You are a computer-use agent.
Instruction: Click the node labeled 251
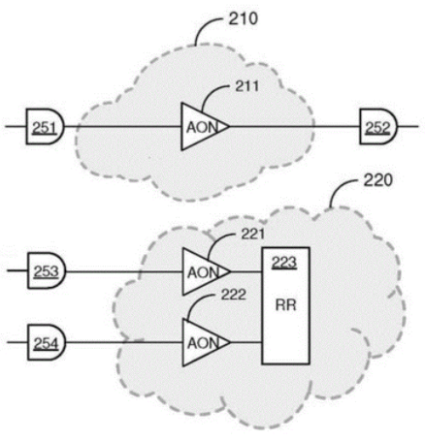pos(46,127)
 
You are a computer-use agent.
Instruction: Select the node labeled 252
pos(378,127)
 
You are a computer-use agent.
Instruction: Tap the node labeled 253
pos(47,270)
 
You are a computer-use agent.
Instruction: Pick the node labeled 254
pos(47,342)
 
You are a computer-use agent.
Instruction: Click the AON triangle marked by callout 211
pos(201,127)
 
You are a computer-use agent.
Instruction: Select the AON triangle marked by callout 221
pos(203,271)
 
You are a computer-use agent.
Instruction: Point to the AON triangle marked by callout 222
pos(203,342)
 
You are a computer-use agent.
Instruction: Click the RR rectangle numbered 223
pos(286,306)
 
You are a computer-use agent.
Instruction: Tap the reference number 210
pos(244,19)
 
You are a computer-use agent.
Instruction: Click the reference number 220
pos(377,180)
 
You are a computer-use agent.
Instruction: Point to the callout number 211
pos(247,86)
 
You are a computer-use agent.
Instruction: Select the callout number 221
pos(253,235)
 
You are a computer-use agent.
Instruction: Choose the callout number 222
pos(234,295)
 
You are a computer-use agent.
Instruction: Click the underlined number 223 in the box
pos(284,263)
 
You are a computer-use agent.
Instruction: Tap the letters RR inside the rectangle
pos(286,305)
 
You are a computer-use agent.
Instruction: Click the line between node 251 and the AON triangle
pos(122,126)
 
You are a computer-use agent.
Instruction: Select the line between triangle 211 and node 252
pos(295,126)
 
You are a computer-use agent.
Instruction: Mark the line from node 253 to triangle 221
pos(124,271)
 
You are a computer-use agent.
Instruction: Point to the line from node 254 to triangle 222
pos(124,342)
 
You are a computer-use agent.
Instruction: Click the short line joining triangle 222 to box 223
pos(246,342)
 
